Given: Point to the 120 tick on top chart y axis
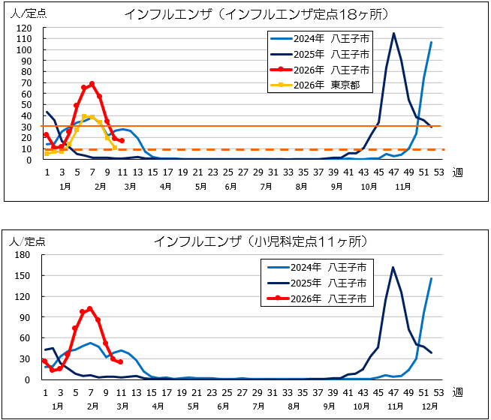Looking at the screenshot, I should tap(26, 28).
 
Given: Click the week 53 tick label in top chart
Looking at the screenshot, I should tap(439, 172).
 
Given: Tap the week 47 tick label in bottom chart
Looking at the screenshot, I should tap(393, 392).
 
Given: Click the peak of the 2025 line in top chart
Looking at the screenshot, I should tap(393, 33).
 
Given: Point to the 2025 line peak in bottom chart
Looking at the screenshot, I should tap(393, 267).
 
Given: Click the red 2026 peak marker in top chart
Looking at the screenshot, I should tap(92, 84).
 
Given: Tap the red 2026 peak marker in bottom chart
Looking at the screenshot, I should tap(90, 308).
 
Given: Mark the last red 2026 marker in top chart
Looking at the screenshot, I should tap(122, 141).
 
